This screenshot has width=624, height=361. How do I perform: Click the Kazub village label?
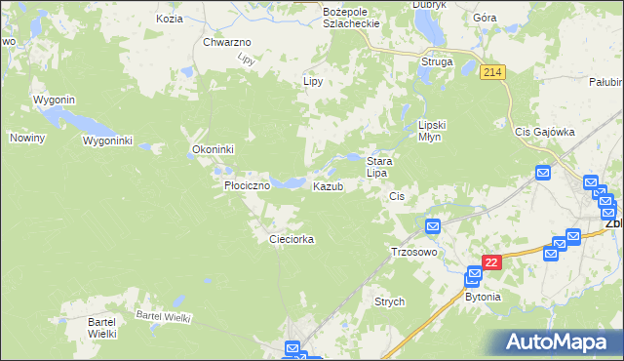point(328,186)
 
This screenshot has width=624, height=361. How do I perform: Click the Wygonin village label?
point(55,100)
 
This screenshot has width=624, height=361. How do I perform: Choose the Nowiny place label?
point(28,139)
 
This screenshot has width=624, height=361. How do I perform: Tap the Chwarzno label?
point(227,43)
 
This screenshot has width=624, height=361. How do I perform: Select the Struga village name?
point(436,61)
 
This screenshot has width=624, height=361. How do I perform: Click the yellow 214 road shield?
point(492,72)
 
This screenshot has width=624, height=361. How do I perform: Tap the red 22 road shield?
point(491,262)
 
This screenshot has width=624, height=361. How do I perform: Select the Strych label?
point(389,302)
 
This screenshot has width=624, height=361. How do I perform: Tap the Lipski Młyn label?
point(431,131)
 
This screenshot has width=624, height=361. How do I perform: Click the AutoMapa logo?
point(555,342)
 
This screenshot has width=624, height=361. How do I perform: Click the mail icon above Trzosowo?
point(433,226)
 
